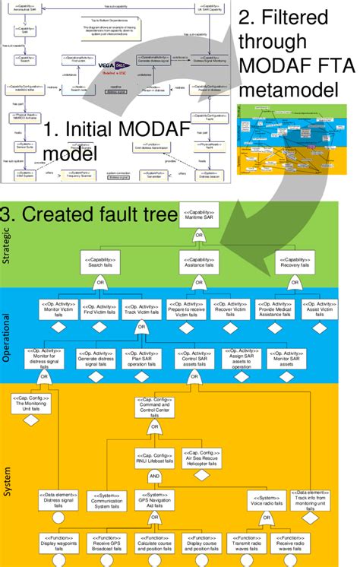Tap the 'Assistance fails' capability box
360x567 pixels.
pos(199,263)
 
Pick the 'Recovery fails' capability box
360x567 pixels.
pos(295,263)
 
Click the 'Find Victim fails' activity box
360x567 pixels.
pos(99,310)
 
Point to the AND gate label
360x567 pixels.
pos(154,474)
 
